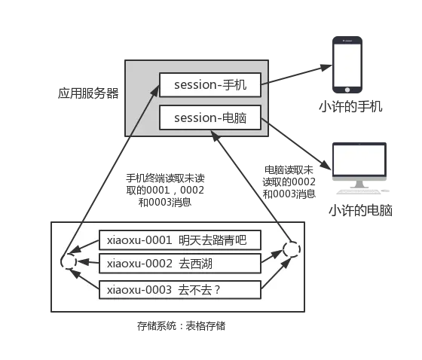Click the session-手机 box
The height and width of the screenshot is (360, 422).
tap(209, 85)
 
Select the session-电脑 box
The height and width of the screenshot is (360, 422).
tap(209, 117)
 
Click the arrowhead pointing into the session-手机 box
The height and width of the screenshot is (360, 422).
tap(156, 88)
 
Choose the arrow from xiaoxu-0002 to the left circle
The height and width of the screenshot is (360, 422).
tap(87, 263)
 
